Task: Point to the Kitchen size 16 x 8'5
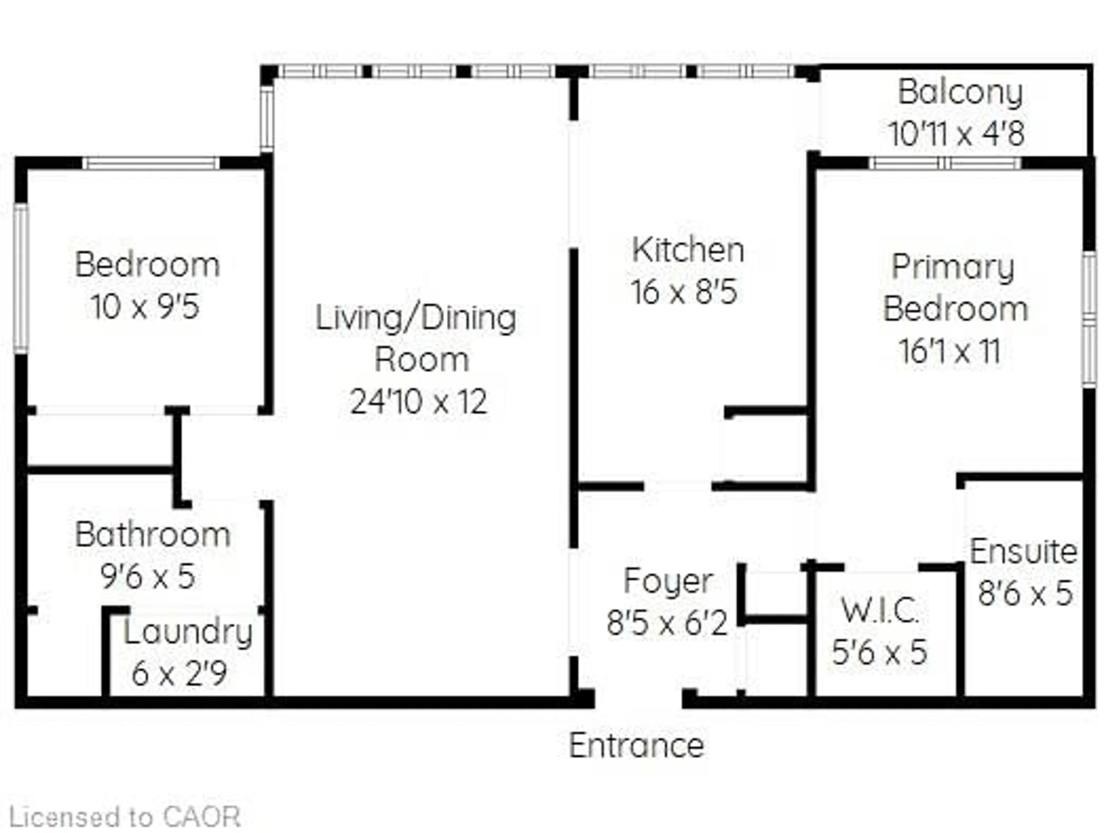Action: pyautogui.click(x=684, y=292)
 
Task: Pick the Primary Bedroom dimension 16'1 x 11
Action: pyautogui.click(x=950, y=351)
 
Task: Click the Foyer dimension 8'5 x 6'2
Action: pyautogui.click(x=667, y=624)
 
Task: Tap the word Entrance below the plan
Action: pyautogui.click(x=637, y=746)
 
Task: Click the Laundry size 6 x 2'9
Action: pyautogui.click(x=179, y=674)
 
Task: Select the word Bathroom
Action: pyautogui.click(x=153, y=535)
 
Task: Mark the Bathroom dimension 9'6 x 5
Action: pyautogui.click(x=148, y=577)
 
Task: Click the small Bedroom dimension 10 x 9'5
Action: pyautogui.click(x=145, y=307)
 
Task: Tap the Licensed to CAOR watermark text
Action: pyautogui.click(x=125, y=817)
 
